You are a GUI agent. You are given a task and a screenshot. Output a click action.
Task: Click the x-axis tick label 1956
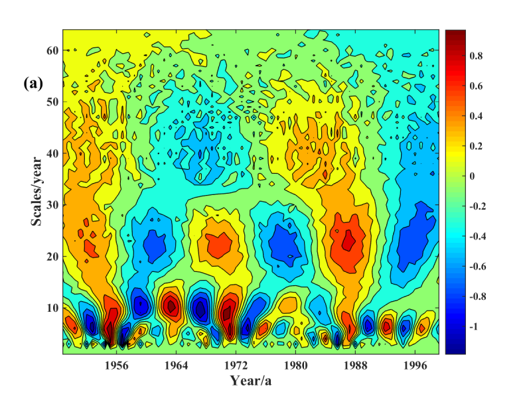pos(117,365)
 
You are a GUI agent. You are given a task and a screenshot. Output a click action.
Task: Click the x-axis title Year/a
pos(251,381)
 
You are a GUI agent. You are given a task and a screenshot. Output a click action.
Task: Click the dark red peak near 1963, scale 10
pos(171,306)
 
